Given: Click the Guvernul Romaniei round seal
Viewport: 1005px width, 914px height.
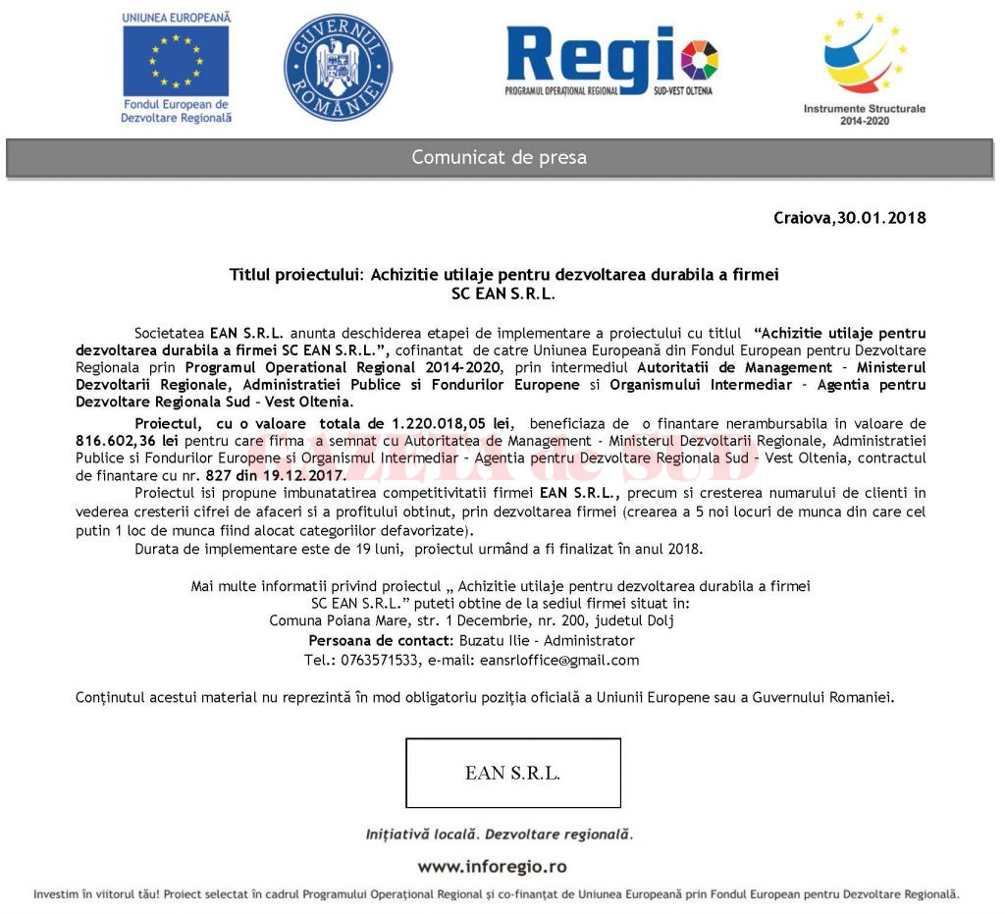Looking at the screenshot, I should tap(338, 67).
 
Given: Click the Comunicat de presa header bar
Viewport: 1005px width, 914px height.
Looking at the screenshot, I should tap(500, 157).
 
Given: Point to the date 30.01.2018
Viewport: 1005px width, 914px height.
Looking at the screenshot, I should tap(881, 218).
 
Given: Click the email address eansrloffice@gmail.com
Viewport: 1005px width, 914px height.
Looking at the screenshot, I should tap(559, 660).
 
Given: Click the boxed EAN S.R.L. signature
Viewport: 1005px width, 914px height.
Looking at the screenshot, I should tap(513, 773).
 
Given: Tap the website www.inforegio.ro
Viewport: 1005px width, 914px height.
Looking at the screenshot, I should tap(492, 867).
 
